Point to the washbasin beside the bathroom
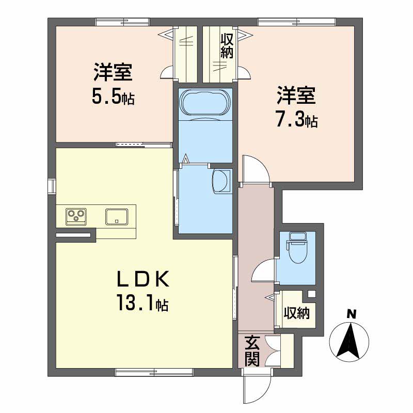pyautogui.click(x=221, y=180)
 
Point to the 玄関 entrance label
pyautogui.click(x=252, y=351)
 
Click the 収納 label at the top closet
pyautogui.click(x=227, y=45)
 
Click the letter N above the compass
pyautogui.click(x=351, y=313)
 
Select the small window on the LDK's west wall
pyautogui.click(x=52, y=185)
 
